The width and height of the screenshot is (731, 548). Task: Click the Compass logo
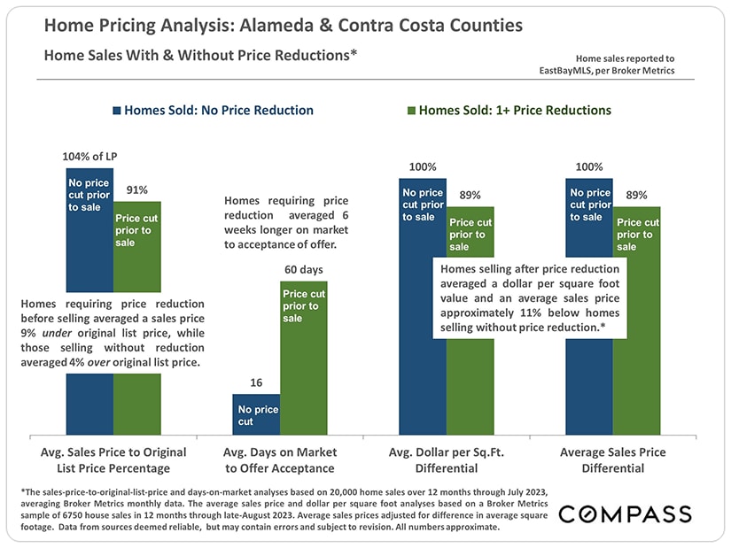click(625, 514)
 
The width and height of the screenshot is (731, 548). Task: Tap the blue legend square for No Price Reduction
click(116, 112)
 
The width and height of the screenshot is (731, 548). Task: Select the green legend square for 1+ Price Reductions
click(410, 112)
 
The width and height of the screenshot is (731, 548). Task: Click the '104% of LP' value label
click(89, 157)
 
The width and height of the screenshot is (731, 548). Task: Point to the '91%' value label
click(136, 189)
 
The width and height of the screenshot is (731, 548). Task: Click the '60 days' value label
click(304, 268)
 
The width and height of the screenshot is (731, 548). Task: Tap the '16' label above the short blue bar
click(256, 382)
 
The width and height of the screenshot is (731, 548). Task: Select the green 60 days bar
click(304, 372)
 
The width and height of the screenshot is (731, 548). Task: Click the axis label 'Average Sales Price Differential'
click(612, 460)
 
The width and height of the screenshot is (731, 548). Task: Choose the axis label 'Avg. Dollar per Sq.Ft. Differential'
click(446, 460)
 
